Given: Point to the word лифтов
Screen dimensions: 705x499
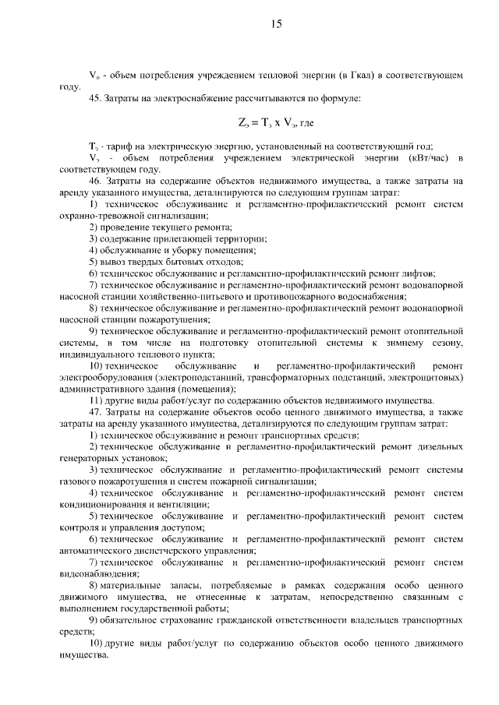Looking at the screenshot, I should point(419,273).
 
